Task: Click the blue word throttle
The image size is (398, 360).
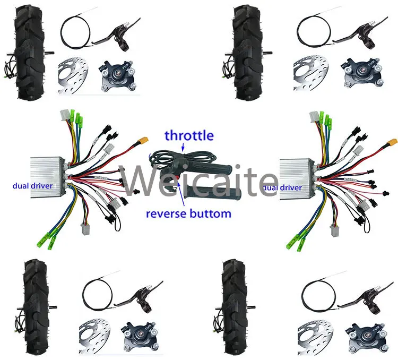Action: coord(189,135)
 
